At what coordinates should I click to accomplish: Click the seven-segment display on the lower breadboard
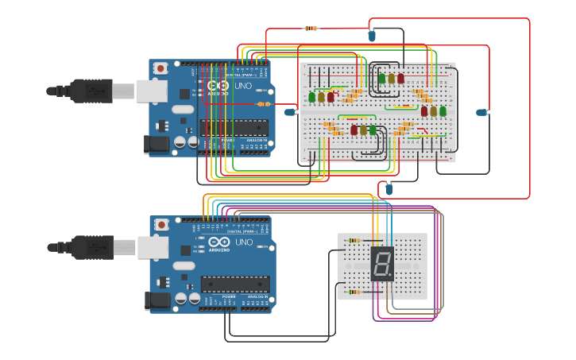tap(382, 263)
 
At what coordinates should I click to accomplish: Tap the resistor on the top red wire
tap(311, 29)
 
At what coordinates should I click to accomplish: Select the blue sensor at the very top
tap(372, 35)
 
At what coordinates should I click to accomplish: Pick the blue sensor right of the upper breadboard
tap(481, 112)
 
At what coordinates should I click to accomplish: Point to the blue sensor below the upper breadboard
tap(389, 188)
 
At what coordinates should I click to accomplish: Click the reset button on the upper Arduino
tap(161, 68)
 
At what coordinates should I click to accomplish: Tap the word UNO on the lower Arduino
tap(244, 242)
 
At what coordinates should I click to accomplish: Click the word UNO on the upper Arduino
tap(244, 85)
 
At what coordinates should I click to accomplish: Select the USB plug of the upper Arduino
tap(87, 91)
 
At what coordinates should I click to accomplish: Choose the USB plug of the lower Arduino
tap(87, 247)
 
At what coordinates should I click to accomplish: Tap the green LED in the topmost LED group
tap(382, 78)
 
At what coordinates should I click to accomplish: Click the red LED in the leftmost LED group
tap(331, 98)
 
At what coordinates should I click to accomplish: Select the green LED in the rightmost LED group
tap(443, 111)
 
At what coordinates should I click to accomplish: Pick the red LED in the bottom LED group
tap(354, 130)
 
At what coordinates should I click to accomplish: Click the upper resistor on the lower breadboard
tap(354, 240)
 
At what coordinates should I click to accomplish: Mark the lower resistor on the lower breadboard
tap(354, 292)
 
